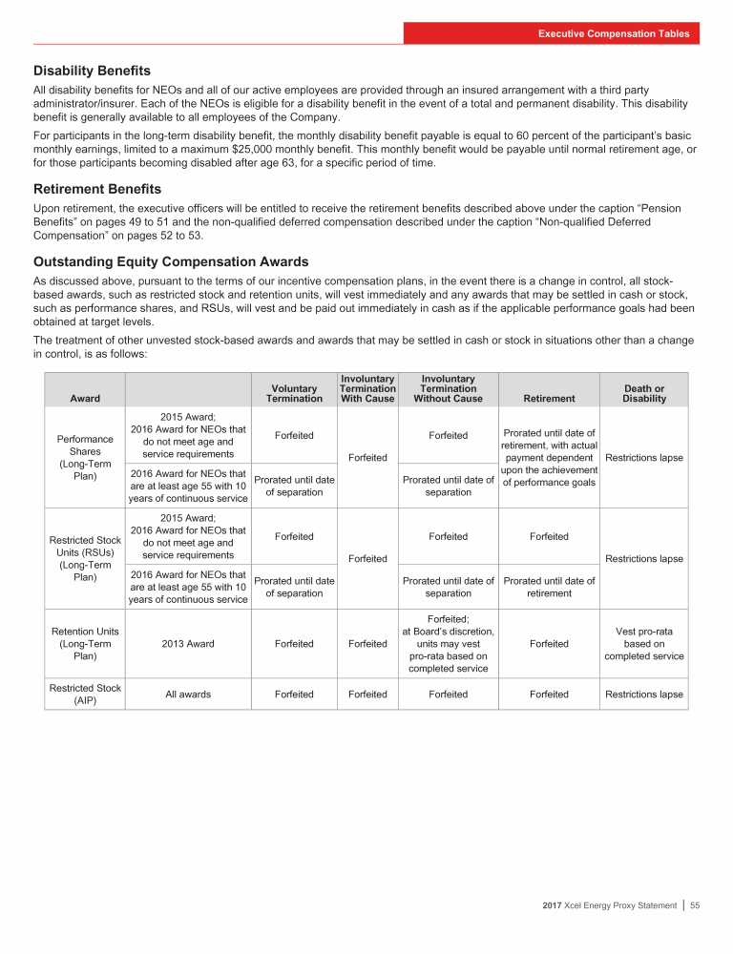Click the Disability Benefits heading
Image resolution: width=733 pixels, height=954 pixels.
coord(92,71)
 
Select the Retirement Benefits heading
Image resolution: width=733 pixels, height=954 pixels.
coord(97,189)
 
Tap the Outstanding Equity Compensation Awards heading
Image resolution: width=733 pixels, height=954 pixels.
coord(171,260)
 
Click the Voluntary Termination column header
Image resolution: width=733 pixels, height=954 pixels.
coord(294,393)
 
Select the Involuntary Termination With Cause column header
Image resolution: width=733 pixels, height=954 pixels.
coord(367,388)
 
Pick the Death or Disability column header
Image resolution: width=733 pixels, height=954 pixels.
coord(644,393)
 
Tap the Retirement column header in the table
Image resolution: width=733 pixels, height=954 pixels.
coord(549,399)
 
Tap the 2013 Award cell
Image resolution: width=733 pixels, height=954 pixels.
coord(187,644)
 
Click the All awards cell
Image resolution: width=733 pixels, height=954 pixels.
coord(187,695)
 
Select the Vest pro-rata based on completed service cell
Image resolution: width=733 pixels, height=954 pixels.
coord(644,644)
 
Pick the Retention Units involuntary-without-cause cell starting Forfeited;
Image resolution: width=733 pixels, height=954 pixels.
coord(448,644)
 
